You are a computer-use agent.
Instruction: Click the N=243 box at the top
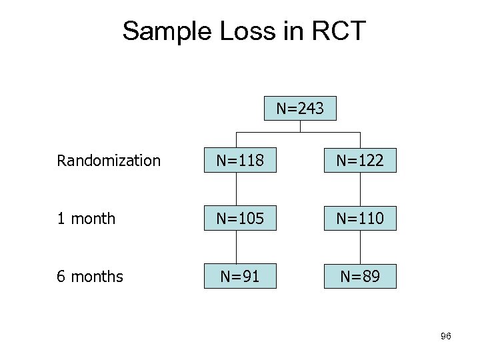coord(300,108)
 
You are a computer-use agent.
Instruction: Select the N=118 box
coord(240,161)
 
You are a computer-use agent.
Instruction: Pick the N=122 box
coord(360,161)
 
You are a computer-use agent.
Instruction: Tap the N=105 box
coord(240,218)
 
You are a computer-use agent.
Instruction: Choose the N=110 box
coord(360,218)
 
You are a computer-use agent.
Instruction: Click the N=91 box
coord(240,275)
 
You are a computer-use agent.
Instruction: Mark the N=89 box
coord(360,275)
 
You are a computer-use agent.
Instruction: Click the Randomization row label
coord(109,161)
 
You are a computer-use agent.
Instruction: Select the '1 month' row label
coord(86,219)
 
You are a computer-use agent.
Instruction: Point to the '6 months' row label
coord(90,276)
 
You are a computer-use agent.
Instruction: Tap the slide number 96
coord(446,337)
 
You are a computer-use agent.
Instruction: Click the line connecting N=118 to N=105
coord(240,189)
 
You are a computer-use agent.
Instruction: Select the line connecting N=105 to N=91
coord(240,247)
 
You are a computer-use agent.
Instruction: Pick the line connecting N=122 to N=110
coord(360,189)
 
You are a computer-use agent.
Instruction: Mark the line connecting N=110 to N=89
coord(360,247)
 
